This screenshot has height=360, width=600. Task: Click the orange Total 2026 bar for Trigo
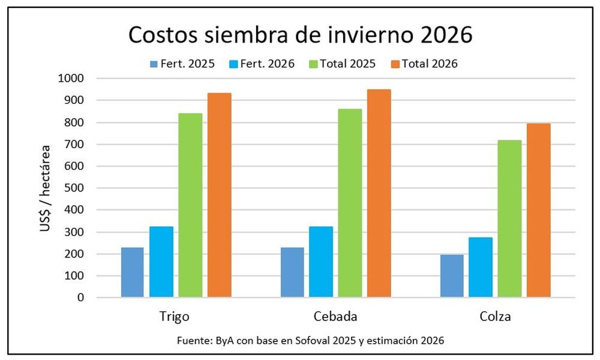click(x=220, y=195)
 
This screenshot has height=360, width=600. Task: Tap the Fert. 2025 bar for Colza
click(x=452, y=275)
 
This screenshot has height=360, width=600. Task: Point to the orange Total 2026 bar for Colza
click(x=538, y=210)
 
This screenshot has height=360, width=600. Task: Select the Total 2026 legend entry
click(x=428, y=64)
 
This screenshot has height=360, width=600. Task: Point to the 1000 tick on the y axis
click(x=71, y=79)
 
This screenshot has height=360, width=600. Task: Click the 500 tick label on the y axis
click(x=74, y=188)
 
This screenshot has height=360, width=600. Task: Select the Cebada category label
click(x=335, y=316)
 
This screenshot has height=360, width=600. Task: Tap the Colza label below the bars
click(x=496, y=316)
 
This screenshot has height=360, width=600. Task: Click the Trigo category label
click(x=175, y=316)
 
